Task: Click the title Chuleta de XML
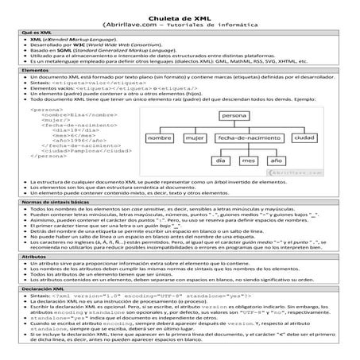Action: (x=180, y=14)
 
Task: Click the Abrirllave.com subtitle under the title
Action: (x=180, y=23)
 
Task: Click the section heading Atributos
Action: (x=18, y=280)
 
